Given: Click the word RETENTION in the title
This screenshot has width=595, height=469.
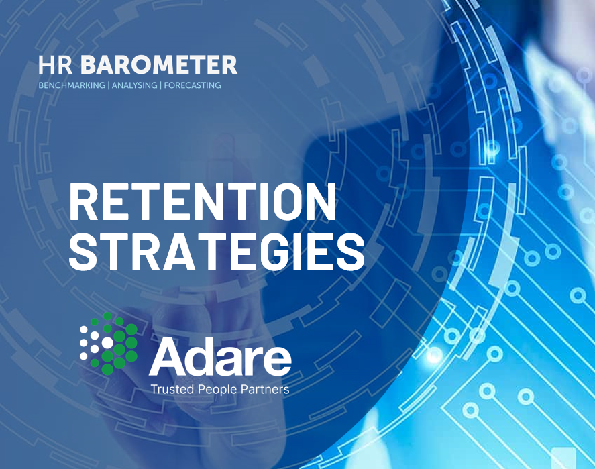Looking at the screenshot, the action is point(203,202).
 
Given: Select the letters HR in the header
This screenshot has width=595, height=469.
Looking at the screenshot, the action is point(56,65).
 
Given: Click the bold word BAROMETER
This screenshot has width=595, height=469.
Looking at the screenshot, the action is point(158,65).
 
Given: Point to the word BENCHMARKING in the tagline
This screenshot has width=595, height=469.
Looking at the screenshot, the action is point(72,85).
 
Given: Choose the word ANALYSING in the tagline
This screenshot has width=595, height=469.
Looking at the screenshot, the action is point(134,85).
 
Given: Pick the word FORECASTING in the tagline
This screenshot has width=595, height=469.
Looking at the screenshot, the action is point(193,85).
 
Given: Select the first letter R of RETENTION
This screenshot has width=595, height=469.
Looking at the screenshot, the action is point(83,202).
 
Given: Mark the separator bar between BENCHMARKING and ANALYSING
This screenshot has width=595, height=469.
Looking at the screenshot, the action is point(109,85).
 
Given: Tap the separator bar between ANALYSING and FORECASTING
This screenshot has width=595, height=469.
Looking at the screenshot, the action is point(160,85).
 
